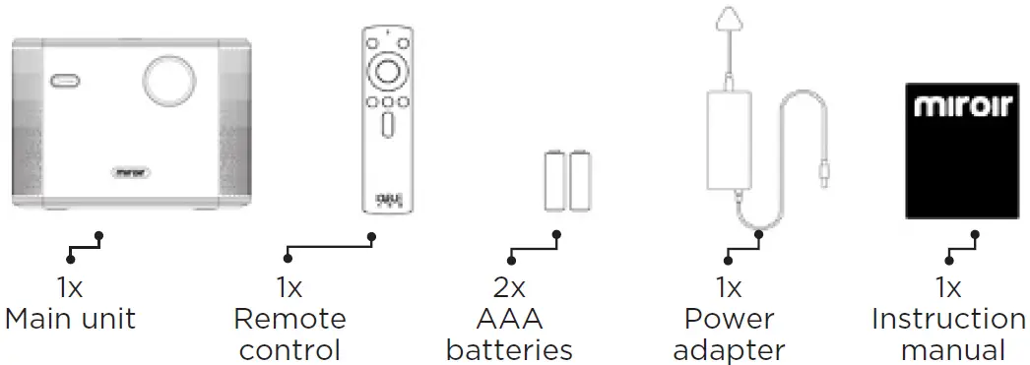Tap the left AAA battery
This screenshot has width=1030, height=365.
tap(555, 180)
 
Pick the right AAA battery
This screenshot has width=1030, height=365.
tap(579, 180)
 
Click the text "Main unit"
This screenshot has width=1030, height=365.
tap(70, 319)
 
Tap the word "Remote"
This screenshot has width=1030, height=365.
tap(290, 319)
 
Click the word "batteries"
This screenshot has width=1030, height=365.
tap(509, 349)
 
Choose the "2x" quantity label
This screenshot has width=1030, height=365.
tap(509, 288)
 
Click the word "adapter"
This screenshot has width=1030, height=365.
tap(729, 349)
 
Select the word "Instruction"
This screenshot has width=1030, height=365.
tap(948, 319)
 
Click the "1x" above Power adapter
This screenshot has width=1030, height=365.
tap(729, 288)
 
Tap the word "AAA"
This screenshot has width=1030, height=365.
tap(509, 319)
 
